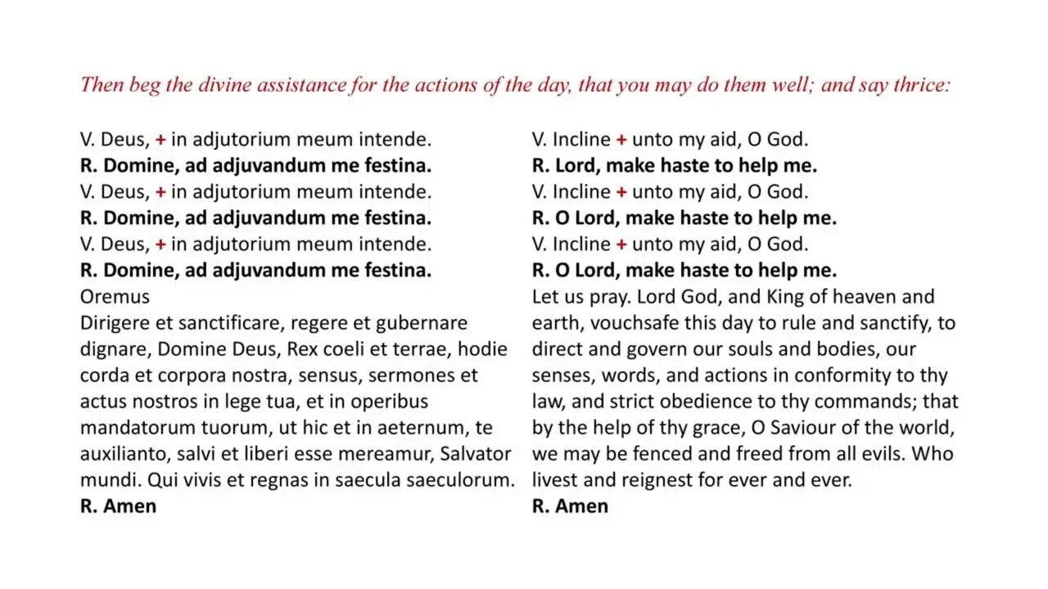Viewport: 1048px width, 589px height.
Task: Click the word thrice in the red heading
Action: pos(919,85)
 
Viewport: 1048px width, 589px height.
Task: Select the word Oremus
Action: pos(115,296)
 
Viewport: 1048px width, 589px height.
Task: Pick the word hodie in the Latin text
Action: pos(482,348)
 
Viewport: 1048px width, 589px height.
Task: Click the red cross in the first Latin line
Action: pos(160,140)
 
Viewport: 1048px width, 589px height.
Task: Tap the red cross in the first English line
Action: pos(621,140)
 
